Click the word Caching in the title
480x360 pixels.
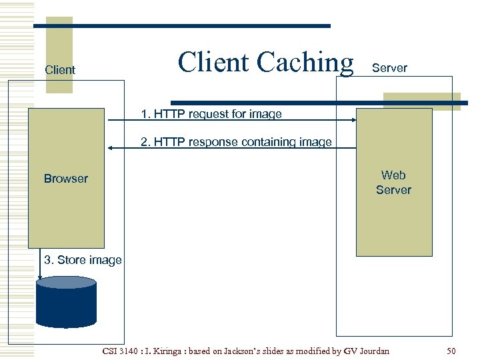click(305, 63)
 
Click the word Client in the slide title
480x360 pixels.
click(214, 62)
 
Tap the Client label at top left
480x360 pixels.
click(59, 69)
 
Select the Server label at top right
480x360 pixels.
click(389, 68)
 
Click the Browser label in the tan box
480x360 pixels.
click(65, 179)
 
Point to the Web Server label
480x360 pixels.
click(393, 183)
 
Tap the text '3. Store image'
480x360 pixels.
click(83, 260)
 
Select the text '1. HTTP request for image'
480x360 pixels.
click(211, 114)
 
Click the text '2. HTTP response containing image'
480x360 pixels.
click(236, 142)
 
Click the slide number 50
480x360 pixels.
click(451, 351)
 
